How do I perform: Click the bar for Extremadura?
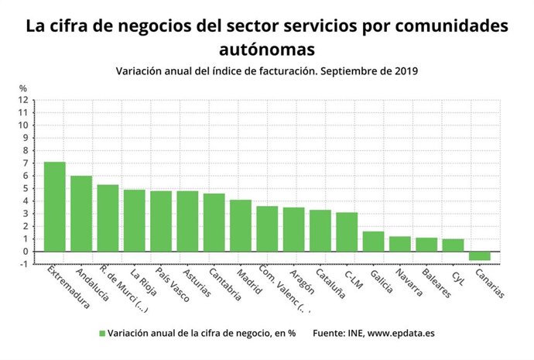54,207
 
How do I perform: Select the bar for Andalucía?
81,214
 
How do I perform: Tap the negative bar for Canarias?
479,255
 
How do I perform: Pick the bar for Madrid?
241,225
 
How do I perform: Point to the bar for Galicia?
373,241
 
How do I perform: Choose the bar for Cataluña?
320,231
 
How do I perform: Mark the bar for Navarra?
399,244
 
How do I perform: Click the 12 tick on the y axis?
23,100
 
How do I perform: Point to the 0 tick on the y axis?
26,252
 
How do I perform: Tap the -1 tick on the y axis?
24,264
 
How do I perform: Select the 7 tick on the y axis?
26,163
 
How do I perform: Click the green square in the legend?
101,334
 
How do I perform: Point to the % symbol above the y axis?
23,88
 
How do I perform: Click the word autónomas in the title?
266,50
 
